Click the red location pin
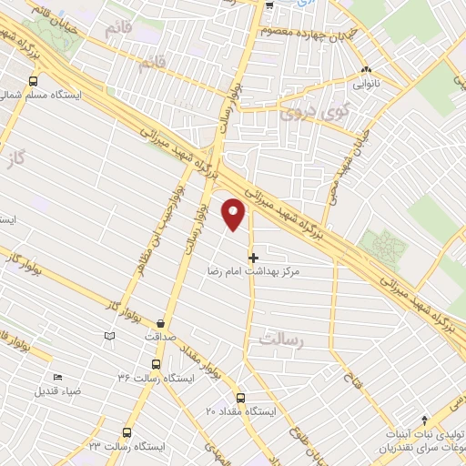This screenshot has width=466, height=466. click(235, 213)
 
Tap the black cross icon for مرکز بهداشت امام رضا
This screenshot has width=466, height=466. click(253, 258)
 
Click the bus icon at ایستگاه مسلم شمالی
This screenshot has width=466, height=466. click(34, 82)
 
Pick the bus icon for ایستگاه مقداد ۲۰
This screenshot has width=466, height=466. click(240, 397)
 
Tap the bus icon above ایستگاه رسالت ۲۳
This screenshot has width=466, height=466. click(127, 433)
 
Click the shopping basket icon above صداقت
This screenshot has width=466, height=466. click(161, 323)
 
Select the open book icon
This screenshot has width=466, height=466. click(110, 336)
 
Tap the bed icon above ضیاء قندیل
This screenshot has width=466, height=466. click(57, 378)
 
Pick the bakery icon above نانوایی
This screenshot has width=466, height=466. click(366, 70)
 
